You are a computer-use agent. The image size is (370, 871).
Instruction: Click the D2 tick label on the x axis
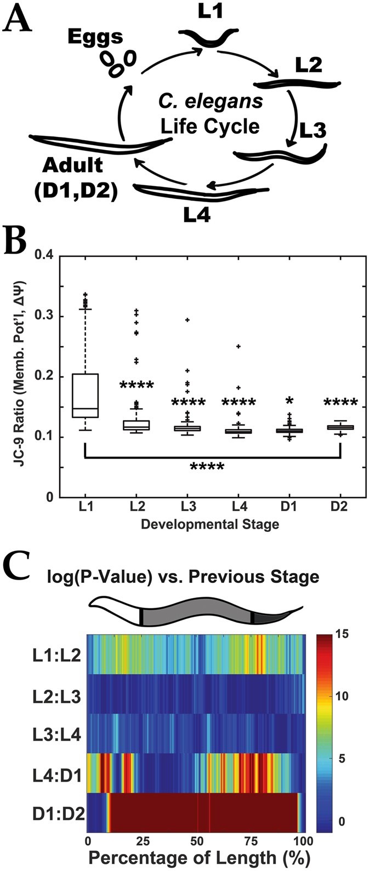point(340,508)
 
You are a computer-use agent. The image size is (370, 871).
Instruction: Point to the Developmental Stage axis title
point(210,525)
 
